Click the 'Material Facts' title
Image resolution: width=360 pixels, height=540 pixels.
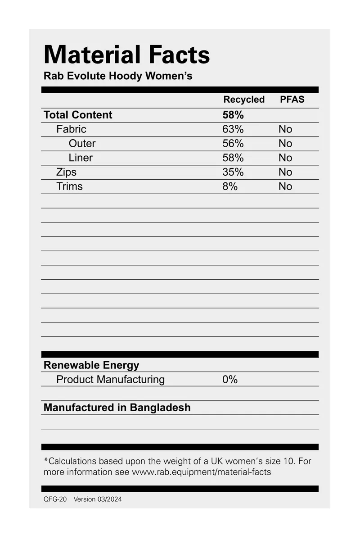click(x=126, y=55)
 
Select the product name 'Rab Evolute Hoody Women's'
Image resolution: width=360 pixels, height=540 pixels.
click(x=118, y=76)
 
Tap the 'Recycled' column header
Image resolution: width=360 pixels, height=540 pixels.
click(x=244, y=100)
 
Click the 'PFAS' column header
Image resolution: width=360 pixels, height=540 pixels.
click(x=292, y=100)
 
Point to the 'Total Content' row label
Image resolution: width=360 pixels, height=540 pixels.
click(x=78, y=115)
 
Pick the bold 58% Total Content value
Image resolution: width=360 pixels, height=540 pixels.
click(x=233, y=115)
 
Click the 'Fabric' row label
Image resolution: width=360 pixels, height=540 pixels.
click(x=71, y=129)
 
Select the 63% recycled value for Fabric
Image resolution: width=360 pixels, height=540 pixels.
click(x=233, y=129)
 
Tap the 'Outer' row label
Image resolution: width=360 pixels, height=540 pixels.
click(x=82, y=144)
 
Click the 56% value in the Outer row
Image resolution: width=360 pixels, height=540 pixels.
click(x=233, y=144)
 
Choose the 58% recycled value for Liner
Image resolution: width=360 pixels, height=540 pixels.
click(x=233, y=158)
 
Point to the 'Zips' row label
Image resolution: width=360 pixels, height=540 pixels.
click(x=66, y=172)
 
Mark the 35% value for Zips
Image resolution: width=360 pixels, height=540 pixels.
click(x=233, y=172)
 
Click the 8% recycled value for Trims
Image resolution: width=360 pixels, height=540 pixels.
click(x=230, y=186)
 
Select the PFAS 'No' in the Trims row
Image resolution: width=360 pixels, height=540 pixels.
click(x=285, y=186)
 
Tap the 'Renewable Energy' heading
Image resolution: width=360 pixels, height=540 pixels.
click(x=91, y=365)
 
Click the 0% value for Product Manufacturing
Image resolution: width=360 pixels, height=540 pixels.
click(x=230, y=380)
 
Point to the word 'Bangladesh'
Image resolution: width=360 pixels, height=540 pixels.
click(x=160, y=408)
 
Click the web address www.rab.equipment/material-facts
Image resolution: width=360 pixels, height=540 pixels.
click(x=201, y=472)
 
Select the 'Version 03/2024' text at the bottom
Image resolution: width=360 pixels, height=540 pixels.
click(x=98, y=499)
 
